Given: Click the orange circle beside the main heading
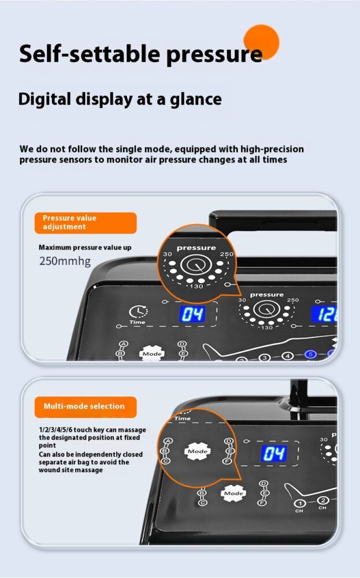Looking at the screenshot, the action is (261, 42).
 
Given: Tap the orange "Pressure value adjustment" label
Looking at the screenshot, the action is (86, 223).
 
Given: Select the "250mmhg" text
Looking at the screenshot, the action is (65, 261).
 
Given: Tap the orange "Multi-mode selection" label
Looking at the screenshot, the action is (86, 406).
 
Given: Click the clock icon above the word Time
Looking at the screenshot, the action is (138, 312).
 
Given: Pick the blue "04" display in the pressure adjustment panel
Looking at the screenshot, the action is (192, 314).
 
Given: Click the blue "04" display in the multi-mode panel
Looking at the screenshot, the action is (274, 453).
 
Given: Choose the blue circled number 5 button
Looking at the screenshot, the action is (310, 355).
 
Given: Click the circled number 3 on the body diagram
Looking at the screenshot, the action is (264, 358).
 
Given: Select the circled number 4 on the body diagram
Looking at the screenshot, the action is (287, 356).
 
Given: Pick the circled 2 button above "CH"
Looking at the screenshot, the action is (323, 500).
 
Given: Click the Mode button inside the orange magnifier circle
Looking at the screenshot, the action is (198, 451).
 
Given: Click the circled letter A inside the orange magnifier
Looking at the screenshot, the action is (168, 441).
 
